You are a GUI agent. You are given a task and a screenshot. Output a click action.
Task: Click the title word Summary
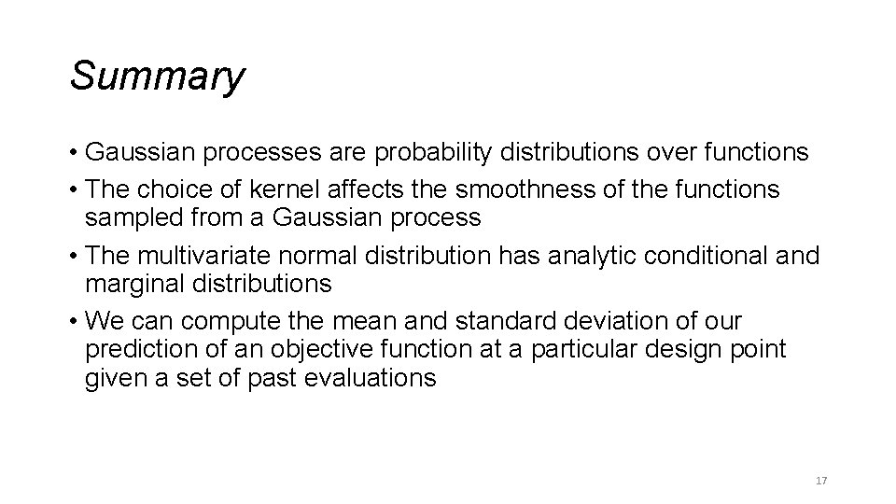point(157,76)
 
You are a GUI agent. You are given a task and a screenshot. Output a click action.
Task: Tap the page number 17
point(821,481)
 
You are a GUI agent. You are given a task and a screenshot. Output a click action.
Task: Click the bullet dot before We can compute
point(74,322)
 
